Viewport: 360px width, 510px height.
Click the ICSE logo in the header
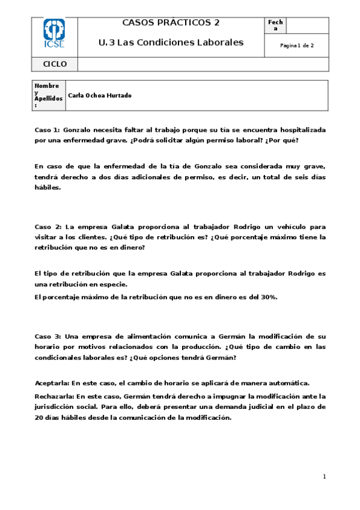(54, 34)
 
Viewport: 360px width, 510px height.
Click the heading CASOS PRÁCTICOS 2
(171, 23)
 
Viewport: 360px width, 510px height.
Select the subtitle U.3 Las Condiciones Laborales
(171, 42)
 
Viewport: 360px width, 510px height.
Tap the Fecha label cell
(276, 25)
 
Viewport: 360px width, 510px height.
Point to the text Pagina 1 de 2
(297, 46)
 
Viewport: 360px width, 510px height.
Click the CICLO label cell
(55, 64)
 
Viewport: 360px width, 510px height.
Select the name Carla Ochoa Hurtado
(100, 96)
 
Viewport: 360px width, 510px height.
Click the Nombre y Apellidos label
(47, 96)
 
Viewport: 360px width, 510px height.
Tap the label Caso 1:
(47, 129)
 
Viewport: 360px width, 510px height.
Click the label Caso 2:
(47, 227)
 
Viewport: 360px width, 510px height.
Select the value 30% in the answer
(268, 297)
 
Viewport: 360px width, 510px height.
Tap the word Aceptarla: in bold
(52, 382)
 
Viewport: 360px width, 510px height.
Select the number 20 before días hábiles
(40, 417)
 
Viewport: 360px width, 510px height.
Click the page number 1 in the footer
(324, 477)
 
